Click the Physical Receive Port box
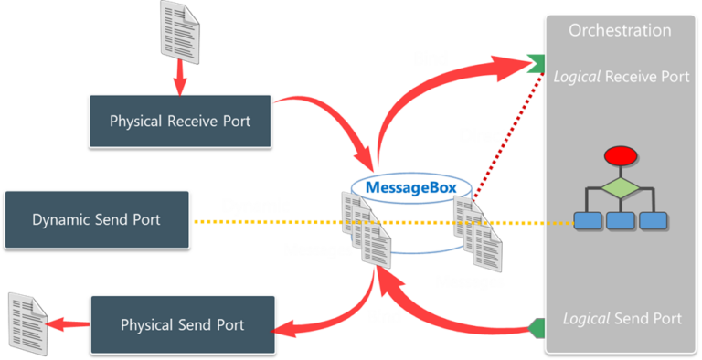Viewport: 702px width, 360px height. coord(180,120)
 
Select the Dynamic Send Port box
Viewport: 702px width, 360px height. coord(97,219)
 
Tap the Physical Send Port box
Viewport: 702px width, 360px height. coord(183,324)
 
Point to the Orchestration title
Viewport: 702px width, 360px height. coord(620,30)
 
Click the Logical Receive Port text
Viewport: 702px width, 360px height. coord(622,77)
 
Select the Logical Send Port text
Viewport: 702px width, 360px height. coord(622,318)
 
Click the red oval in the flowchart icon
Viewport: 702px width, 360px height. coord(620,156)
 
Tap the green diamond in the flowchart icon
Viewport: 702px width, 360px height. coord(620,189)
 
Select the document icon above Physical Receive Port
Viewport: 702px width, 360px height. coord(179,26)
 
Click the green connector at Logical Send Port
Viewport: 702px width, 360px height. coord(539,327)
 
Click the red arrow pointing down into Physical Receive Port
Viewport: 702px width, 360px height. coord(180,75)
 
